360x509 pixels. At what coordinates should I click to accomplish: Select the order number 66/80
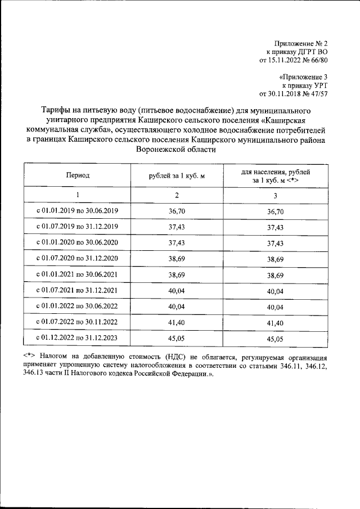(317, 59)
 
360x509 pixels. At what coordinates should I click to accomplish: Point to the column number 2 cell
(177, 195)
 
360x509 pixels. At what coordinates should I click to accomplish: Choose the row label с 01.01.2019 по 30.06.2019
(78, 211)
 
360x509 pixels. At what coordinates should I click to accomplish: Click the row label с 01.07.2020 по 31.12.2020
(78, 259)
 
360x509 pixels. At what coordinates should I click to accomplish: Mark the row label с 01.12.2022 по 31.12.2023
(78, 338)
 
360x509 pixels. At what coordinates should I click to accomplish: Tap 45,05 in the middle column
(177, 339)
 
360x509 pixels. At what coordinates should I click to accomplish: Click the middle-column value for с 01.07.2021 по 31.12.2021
(177, 291)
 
